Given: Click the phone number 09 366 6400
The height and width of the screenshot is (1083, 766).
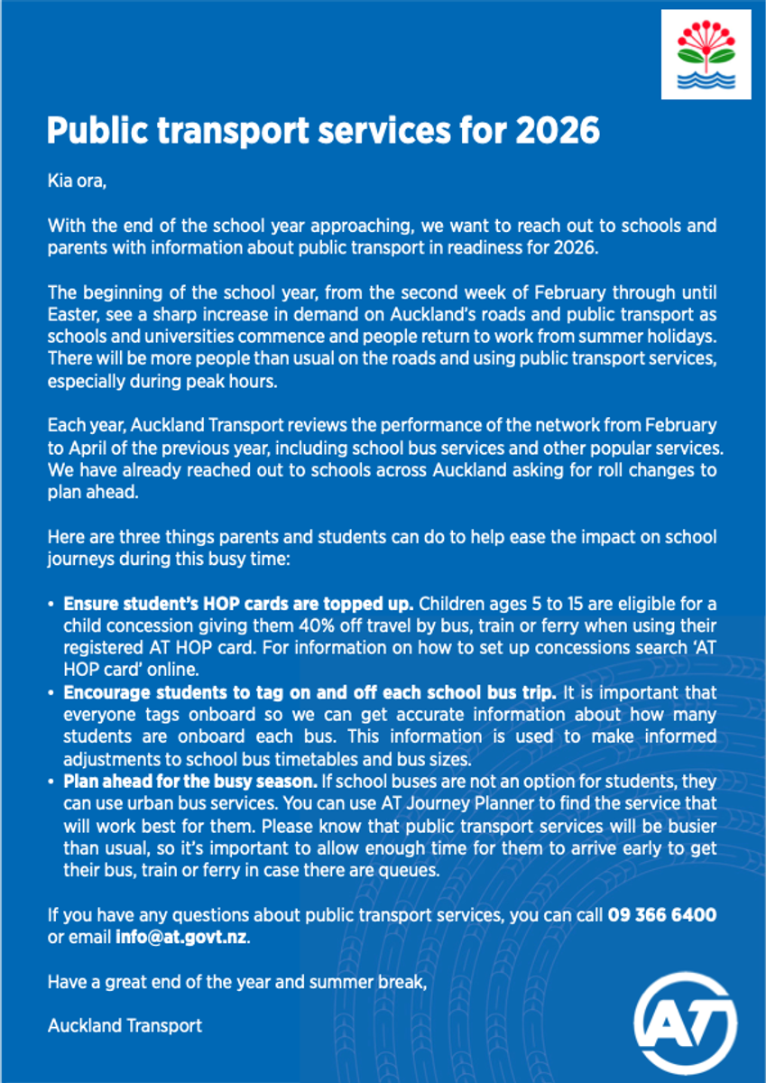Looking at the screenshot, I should pyautogui.click(x=662, y=915).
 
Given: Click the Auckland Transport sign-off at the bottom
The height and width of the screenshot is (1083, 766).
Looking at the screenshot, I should pyautogui.click(x=125, y=1025).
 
